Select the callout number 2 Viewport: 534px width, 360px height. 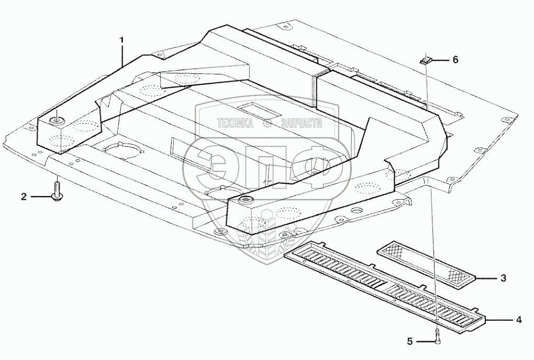(24, 197)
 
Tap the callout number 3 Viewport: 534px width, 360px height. (503, 278)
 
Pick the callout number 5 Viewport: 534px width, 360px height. (410, 342)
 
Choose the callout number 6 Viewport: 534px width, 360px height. (455, 60)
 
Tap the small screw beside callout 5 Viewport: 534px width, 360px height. (437, 337)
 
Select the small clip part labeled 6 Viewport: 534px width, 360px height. (426, 60)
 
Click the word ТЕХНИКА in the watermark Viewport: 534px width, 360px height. (235, 123)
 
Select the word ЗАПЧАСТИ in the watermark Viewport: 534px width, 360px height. (301, 123)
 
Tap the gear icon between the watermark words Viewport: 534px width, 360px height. (267, 123)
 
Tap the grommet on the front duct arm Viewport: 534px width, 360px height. (244, 201)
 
